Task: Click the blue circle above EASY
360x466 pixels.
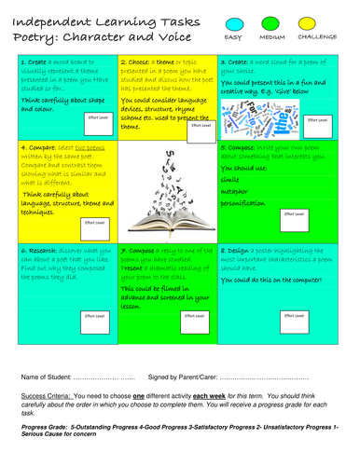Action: [233, 20]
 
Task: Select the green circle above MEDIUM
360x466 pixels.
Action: [272, 20]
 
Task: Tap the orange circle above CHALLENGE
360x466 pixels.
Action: [317, 20]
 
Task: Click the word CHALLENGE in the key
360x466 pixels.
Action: [317, 36]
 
